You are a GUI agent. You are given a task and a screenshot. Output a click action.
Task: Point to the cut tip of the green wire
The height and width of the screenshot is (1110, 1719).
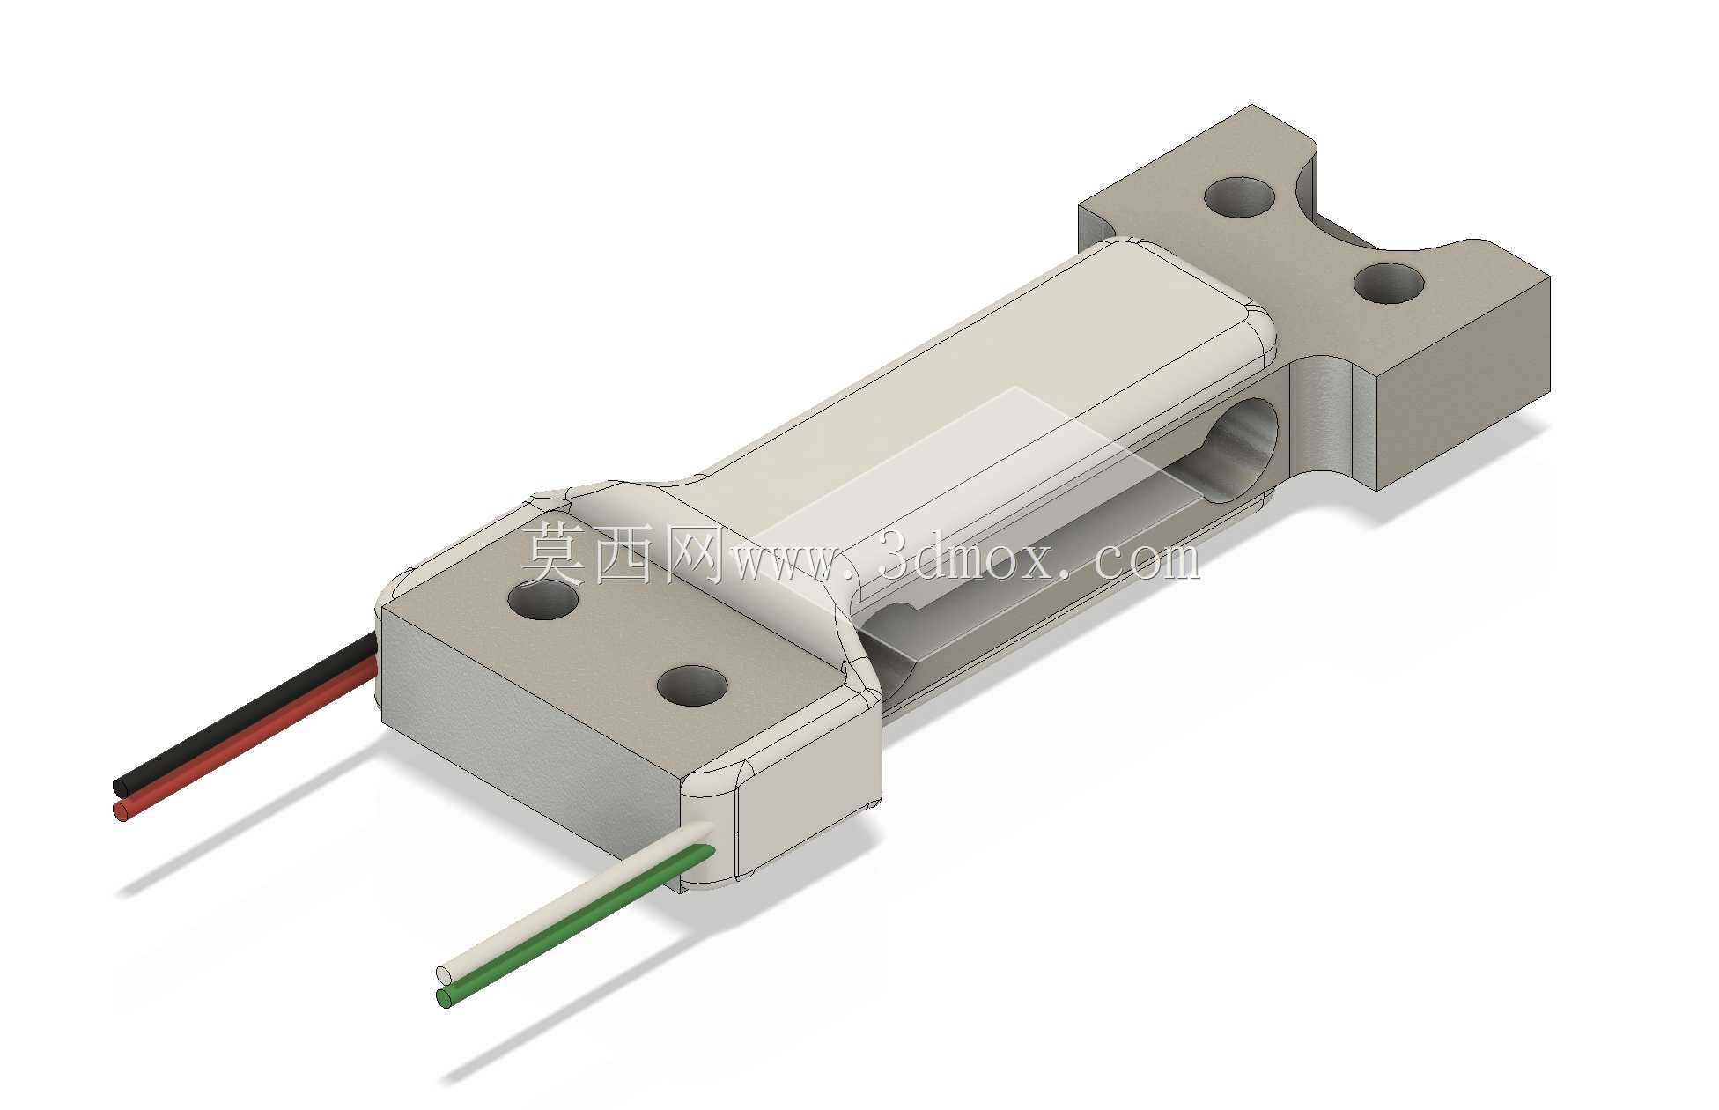444,998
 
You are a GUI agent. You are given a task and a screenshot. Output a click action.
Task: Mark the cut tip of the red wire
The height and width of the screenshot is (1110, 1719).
122,810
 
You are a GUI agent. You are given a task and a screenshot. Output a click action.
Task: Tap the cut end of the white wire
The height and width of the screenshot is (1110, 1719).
444,975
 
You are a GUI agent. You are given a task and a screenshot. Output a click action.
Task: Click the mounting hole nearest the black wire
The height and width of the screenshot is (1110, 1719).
542,599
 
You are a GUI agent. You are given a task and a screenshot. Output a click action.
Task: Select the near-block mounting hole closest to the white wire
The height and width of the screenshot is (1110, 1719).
692,685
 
